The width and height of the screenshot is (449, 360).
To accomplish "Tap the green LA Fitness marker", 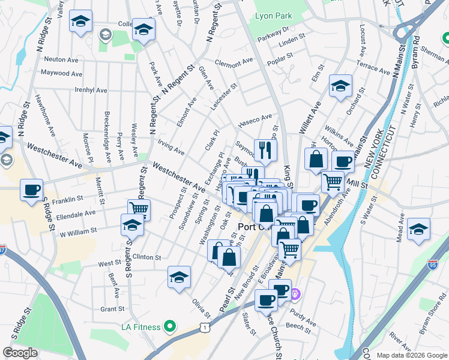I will (170, 327).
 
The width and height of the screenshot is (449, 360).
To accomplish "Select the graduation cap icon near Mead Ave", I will (418, 230).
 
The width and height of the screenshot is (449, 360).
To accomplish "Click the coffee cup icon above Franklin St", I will (31, 190).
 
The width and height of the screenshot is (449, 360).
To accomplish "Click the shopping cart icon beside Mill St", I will (333, 181).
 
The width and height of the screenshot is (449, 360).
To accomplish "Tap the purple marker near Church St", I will (295, 295).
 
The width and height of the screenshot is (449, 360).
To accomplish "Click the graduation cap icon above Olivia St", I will (179, 278).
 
